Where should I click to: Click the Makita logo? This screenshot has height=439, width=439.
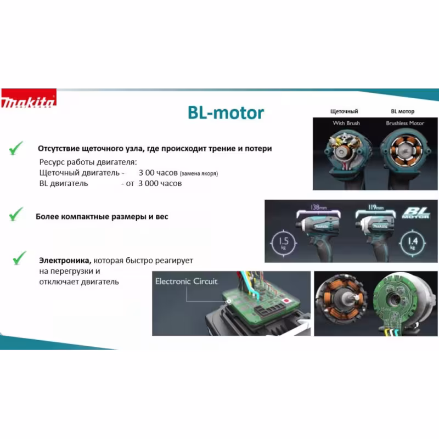click(x=29, y=102)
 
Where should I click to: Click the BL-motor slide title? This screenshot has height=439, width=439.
click(x=226, y=113)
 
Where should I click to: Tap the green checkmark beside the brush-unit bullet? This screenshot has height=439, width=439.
click(x=16, y=148)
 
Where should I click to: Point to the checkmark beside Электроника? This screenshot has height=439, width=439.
click(x=20, y=257)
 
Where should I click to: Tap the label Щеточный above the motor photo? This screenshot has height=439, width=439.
click(x=344, y=111)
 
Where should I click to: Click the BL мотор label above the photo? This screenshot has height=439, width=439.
click(x=402, y=111)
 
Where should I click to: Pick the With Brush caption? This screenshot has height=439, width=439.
click(x=346, y=123)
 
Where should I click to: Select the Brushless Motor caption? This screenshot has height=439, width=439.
click(x=405, y=123)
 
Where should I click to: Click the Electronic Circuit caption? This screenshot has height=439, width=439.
click(x=186, y=282)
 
